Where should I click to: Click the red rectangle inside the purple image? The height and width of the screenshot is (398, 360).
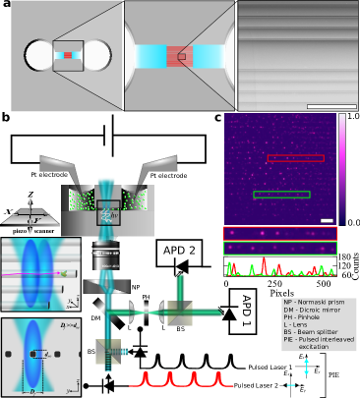(x=295, y=158)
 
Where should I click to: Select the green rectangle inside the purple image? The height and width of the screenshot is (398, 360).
(x=281, y=195)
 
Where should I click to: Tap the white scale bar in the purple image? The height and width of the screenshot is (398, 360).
(x=327, y=220)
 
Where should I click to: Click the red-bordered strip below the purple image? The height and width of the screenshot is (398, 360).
(x=279, y=233)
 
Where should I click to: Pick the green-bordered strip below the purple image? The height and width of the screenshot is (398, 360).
(x=279, y=248)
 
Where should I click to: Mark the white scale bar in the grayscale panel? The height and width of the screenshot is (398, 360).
(x=331, y=106)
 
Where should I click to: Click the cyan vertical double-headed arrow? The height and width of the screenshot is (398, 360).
(x=306, y=367)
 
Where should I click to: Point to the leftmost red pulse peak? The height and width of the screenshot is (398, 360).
(x=146, y=376)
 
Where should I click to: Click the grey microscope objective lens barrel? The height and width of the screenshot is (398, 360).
(x=105, y=257)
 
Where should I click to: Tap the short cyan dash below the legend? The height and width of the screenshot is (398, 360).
(x=291, y=385)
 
